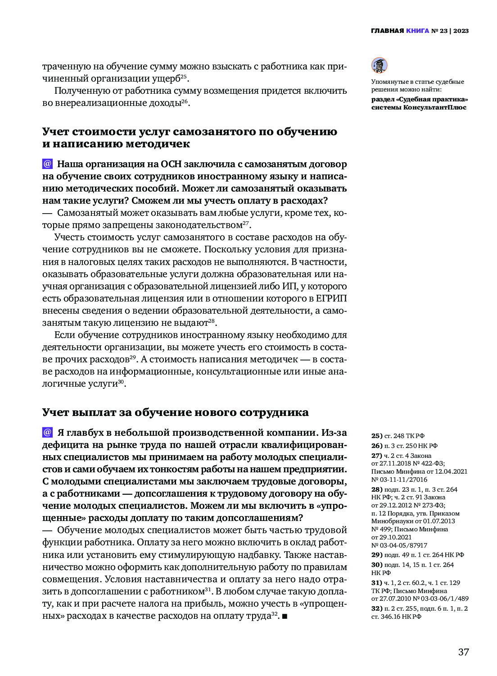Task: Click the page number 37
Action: point(463,652)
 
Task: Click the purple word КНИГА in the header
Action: point(417,31)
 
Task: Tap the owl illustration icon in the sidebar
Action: point(379,65)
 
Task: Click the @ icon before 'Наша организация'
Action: point(47,164)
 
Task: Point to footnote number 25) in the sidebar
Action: point(376,436)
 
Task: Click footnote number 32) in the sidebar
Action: point(376,608)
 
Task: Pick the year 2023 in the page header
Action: point(461,31)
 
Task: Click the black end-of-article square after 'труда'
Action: point(284,616)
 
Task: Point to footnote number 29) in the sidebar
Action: point(377,555)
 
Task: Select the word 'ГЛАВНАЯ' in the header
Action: point(387,31)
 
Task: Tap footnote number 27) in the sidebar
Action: point(376,456)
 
